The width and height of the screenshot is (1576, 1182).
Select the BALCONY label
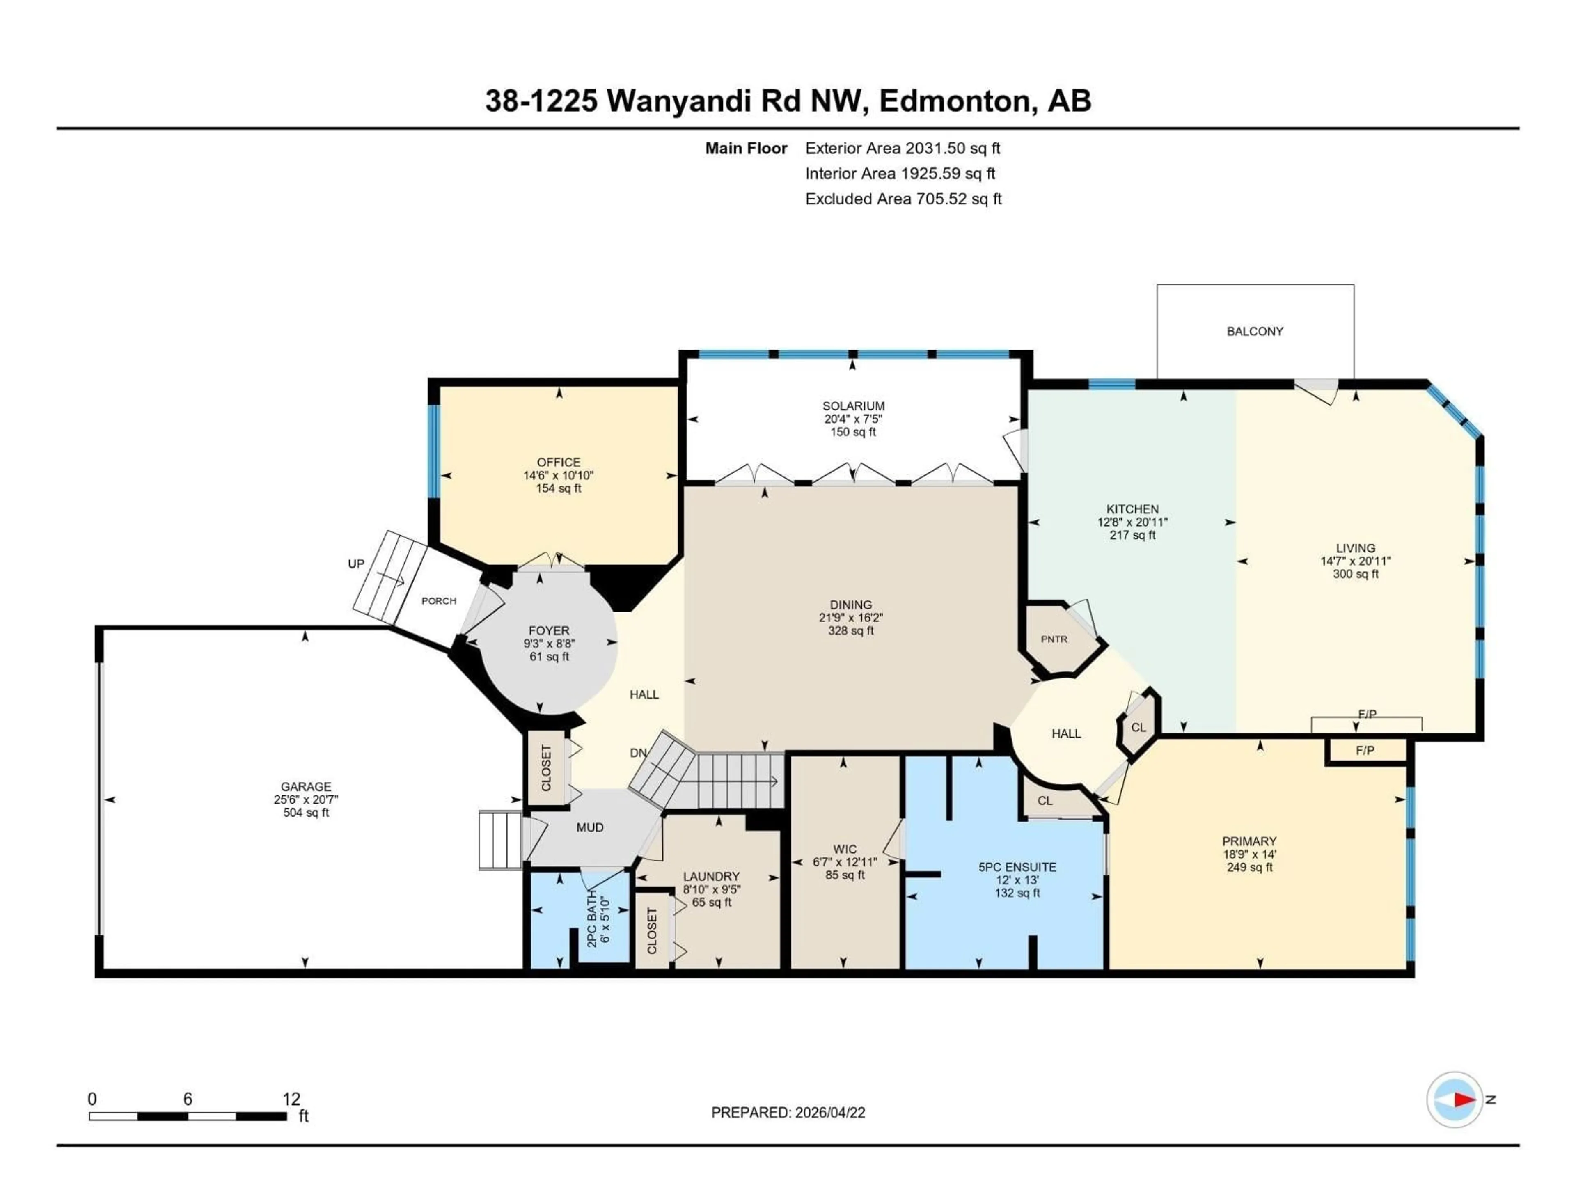click(1255, 331)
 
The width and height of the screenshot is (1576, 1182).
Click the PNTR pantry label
click(1054, 639)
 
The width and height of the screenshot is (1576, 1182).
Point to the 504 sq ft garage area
click(306, 812)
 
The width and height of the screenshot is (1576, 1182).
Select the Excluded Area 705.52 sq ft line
click(903, 199)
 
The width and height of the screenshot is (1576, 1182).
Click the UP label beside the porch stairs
click(355, 564)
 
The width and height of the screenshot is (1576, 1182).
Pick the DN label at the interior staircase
click(638, 752)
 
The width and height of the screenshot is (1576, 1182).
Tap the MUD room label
click(589, 827)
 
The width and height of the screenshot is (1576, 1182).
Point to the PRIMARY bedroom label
click(1249, 841)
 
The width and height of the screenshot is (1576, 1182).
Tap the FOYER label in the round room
click(549, 630)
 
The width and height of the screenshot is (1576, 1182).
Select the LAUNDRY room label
click(711, 876)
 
